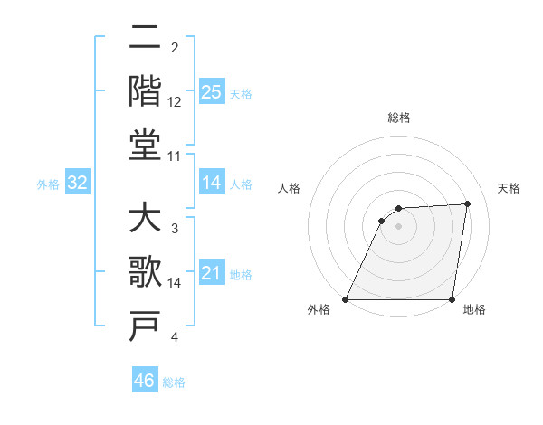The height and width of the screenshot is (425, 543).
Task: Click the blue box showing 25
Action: click(x=212, y=92)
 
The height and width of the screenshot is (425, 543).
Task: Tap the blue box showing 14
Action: click(x=212, y=184)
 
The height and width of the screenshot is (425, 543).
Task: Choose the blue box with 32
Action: click(x=78, y=184)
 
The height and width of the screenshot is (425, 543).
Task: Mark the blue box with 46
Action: click(x=145, y=381)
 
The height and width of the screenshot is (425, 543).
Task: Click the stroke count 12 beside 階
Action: click(x=175, y=101)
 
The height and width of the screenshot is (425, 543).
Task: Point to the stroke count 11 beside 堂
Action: click(x=175, y=156)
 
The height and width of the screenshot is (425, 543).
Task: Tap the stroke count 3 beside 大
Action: click(x=174, y=229)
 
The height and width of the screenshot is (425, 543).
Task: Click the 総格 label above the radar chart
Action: click(x=399, y=118)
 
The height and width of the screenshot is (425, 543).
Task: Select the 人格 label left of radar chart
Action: click(x=290, y=189)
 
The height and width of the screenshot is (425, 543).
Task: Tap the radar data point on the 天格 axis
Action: click(x=468, y=203)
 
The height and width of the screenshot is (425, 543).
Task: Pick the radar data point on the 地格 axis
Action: click(x=452, y=299)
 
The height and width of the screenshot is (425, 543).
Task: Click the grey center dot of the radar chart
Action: click(x=398, y=226)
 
